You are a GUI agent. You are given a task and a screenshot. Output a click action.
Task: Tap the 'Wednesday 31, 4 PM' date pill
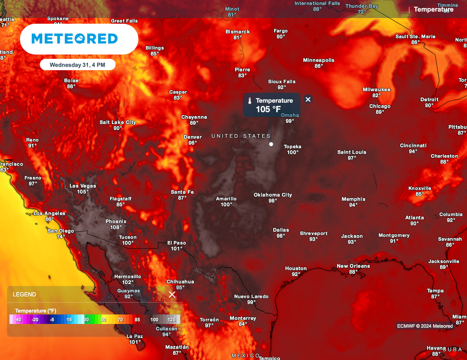click(77, 65)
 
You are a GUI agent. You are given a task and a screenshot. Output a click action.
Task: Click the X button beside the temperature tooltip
click(308, 99)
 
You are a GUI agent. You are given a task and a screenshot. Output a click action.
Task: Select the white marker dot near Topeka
click(271, 144)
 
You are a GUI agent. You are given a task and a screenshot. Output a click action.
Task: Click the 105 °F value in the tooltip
click(268, 109)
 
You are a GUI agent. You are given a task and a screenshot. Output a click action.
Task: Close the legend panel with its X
click(172, 295)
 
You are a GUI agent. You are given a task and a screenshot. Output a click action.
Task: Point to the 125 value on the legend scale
click(172, 320)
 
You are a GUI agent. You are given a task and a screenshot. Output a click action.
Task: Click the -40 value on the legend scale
click(18, 320)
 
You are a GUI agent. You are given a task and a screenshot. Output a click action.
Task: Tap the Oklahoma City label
click(273, 195)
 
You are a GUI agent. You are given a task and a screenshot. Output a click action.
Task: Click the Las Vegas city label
click(83, 186)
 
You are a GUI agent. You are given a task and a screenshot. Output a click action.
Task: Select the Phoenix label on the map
click(116, 221)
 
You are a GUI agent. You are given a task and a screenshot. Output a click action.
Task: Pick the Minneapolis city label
click(318, 60)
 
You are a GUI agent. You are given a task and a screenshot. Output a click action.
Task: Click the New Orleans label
click(353, 266)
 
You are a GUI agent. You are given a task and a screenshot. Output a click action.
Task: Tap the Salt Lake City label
click(118, 122)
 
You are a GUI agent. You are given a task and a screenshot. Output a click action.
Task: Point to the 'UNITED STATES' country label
click(241, 136)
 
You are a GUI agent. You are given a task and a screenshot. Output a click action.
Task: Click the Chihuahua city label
click(180, 282)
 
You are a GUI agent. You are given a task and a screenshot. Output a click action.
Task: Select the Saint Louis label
click(352, 152)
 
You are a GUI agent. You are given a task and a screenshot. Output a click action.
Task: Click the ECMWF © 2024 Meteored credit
click(425, 326)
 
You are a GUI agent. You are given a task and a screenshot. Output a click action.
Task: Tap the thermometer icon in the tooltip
click(249, 100)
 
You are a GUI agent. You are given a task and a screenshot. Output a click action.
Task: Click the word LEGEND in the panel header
click(24, 295)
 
